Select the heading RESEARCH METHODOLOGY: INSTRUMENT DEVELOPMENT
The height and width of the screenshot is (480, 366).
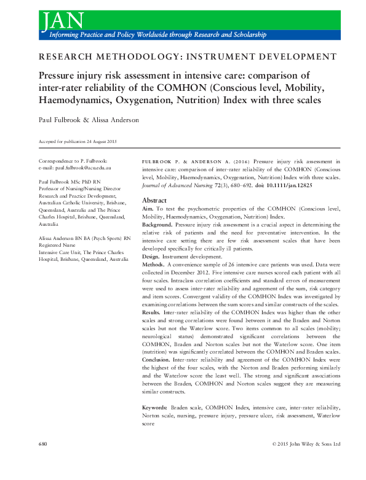[183, 57]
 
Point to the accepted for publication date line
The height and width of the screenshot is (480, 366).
[77, 142]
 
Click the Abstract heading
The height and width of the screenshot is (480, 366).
[154, 201]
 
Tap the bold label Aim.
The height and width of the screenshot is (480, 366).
[149, 209]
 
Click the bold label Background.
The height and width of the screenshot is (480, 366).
[157, 225]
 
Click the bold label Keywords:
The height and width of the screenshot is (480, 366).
[155, 408]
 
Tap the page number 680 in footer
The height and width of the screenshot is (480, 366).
[43, 443]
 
